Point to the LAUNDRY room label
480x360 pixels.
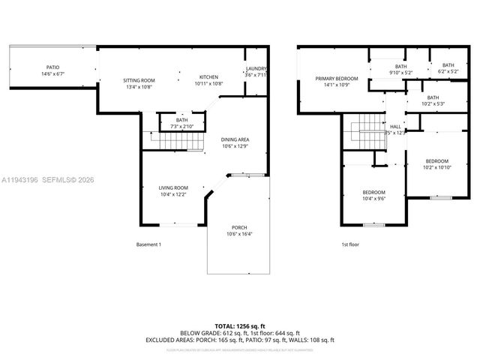click(256, 71)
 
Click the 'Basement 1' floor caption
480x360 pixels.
click(148, 245)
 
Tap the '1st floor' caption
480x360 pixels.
click(351, 245)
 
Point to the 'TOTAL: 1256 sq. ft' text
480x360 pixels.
click(240, 325)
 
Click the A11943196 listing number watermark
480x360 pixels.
click(20, 180)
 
